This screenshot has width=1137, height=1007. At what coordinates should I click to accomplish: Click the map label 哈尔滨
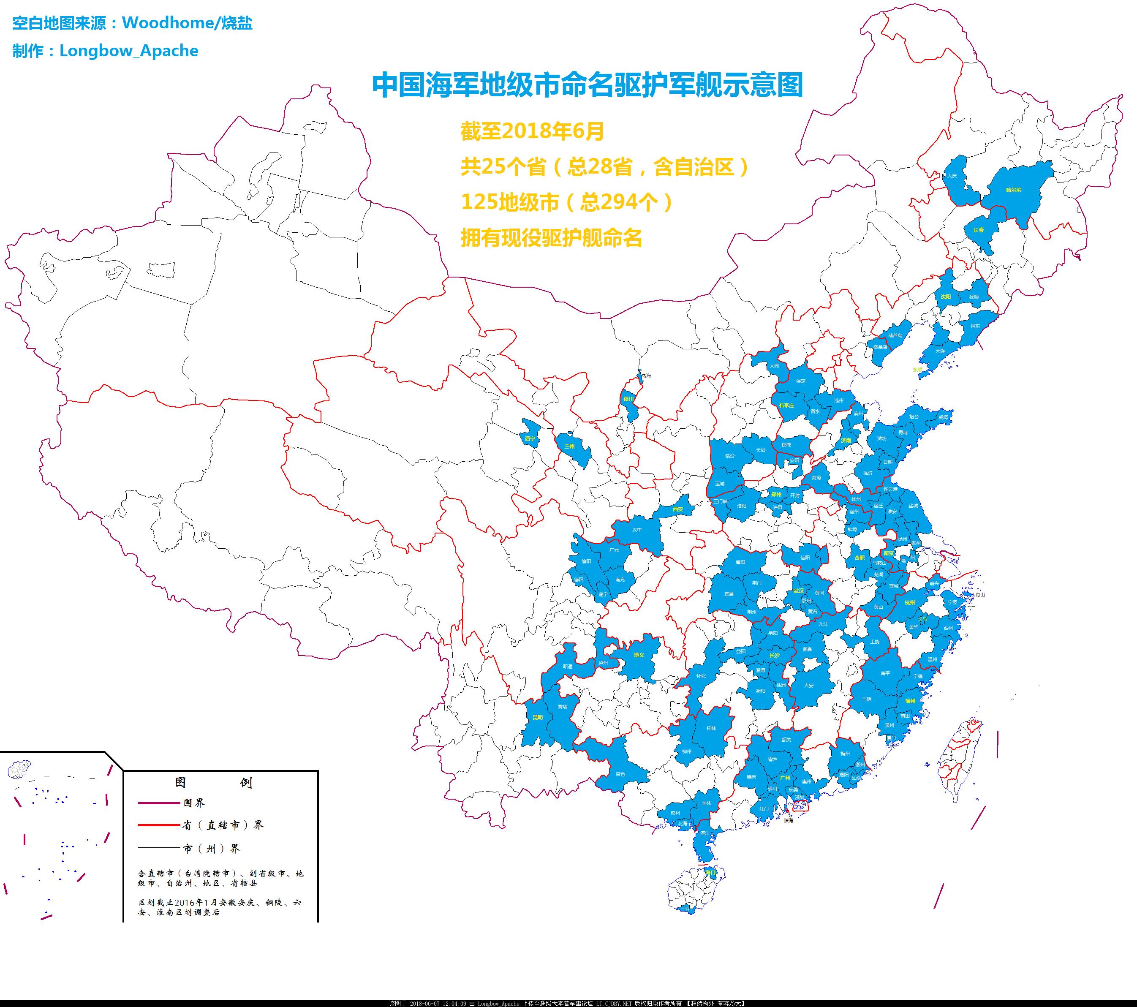[1014, 190]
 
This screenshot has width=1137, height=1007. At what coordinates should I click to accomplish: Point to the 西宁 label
[530, 438]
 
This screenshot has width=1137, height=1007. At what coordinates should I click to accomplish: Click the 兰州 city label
[569, 446]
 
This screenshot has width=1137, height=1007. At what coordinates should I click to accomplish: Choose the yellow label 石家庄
[786, 405]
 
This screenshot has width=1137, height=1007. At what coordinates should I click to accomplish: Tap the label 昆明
[537, 717]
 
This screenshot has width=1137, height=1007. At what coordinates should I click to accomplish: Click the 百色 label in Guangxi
[620, 774]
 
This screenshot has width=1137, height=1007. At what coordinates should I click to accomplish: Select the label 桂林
[711, 728]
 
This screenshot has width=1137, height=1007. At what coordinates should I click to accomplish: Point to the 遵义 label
[639, 655]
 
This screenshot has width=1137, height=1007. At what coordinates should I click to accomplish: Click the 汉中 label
[637, 530]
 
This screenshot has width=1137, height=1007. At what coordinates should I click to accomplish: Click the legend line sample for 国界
[158, 803]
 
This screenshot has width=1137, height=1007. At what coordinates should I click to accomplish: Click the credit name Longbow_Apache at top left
[128, 51]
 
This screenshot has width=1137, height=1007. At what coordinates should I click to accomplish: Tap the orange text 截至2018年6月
[532, 131]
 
